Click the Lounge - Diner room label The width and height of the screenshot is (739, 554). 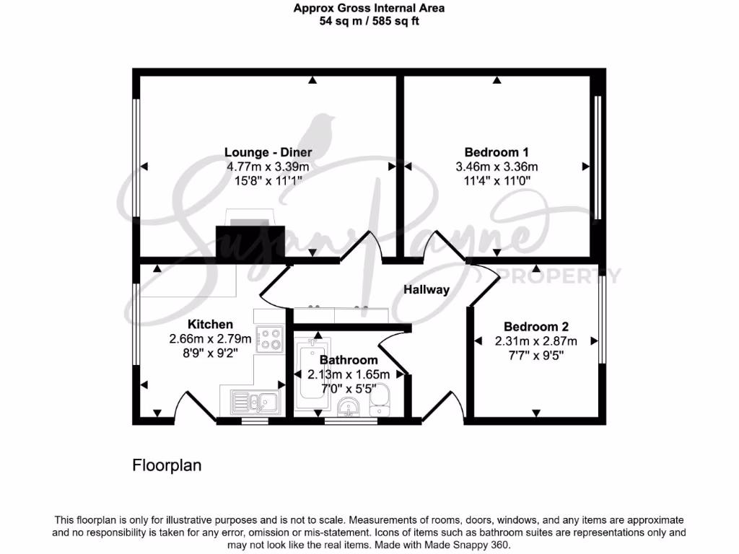[x=268, y=152]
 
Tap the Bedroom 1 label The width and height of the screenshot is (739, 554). [x=496, y=152]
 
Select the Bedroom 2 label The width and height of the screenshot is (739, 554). [x=530, y=327]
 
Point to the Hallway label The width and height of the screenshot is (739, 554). [x=426, y=290]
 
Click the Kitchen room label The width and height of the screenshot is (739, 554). [x=210, y=324]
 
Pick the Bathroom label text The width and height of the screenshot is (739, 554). [x=349, y=360]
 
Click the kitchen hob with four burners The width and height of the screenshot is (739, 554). [x=271, y=339]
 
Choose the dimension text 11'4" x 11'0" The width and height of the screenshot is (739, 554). [x=496, y=181]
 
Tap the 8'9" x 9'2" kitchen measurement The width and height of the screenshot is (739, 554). [x=210, y=353]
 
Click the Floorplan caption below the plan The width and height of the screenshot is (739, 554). [x=167, y=465]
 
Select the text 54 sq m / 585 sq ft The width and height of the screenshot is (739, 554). [x=369, y=21]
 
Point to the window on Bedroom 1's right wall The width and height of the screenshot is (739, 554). [x=597, y=157]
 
